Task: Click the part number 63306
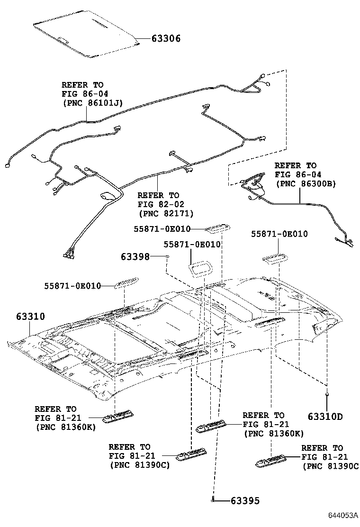pos(165,39)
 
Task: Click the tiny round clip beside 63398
pos(167,256)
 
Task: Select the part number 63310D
pos(324,417)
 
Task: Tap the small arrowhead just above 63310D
pos(327,393)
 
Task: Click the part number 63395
pos(245,500)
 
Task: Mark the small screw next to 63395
pos(214,499)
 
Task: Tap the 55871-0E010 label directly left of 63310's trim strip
pos(72,286)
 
